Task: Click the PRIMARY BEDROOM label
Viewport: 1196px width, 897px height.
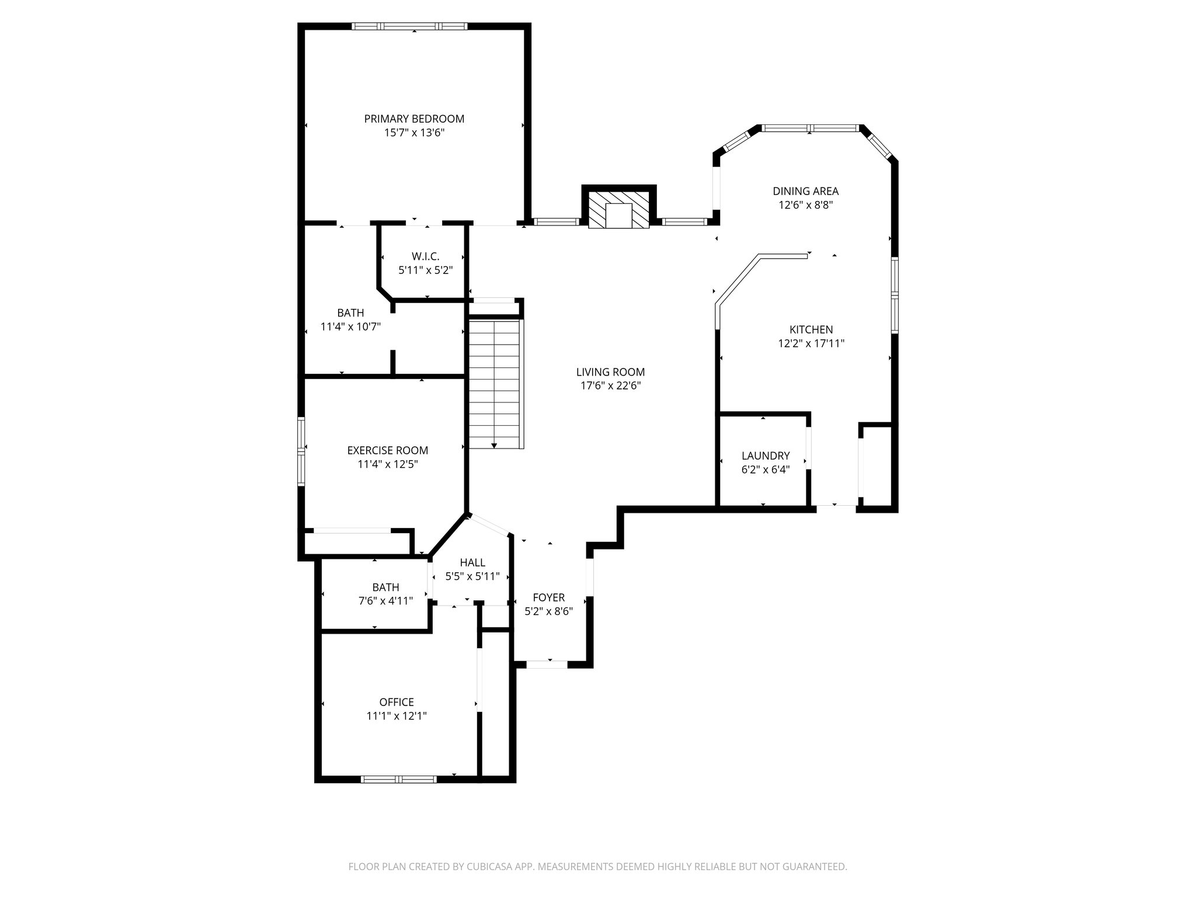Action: point(414,119)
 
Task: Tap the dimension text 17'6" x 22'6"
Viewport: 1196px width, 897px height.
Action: point(610,386)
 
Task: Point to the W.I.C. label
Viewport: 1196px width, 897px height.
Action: point(425,256)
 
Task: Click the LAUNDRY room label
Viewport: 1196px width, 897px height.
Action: point(765,456)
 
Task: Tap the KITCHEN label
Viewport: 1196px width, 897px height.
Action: point(811,330)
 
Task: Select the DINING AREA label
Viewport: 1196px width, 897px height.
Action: point(805,191)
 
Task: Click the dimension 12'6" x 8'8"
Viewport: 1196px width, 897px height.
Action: point(805,206)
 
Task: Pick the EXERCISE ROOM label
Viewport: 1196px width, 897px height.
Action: point(387,451)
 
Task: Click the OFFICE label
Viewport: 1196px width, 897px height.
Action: point(397,703)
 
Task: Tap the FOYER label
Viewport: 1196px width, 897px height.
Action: point(548,597)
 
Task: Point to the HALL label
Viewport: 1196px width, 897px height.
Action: point(472,563)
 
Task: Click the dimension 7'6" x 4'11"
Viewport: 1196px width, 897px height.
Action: point(385,601)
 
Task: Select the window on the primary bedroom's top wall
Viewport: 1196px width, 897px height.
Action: point(409,26)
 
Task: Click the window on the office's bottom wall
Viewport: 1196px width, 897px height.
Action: point(398,779)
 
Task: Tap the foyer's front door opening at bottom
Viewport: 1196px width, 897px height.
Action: point(547,664)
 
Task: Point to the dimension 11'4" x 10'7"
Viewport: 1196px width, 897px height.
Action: point(350,327)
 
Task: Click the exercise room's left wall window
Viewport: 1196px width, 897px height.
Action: point(301,451)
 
